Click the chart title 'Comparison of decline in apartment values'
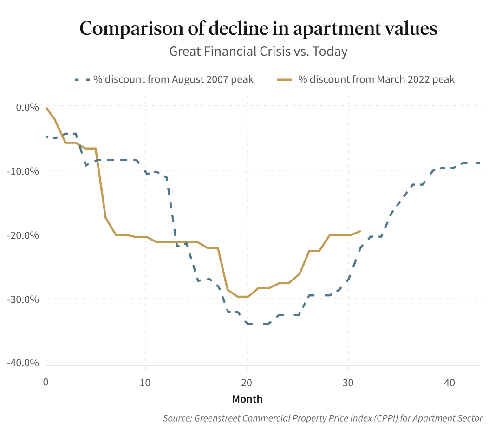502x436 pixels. click(x=258, y=28)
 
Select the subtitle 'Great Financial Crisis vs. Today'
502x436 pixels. click(x=258, y=51)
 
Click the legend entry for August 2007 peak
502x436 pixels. click(x=173, y=79)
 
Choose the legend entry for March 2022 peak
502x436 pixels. click(x=376, y=79)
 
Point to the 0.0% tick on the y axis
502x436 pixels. click(x=27, y=107)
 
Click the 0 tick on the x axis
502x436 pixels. click(x=46, y=383)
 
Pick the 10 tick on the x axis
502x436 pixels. click(x=145, y=383)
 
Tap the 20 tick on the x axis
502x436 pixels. click(x=247, y=383)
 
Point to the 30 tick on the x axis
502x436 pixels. click(x=348, y=383)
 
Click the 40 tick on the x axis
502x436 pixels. click(x=449, y=383)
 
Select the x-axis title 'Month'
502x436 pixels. click(x=247, y=399)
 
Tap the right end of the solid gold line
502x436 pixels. click(x=360, y=231)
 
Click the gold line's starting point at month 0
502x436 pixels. click(x=46, y=108)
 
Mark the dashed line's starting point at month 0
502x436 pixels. click(x=46, y=137)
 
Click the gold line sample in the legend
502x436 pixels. click(x=284, y=79)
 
